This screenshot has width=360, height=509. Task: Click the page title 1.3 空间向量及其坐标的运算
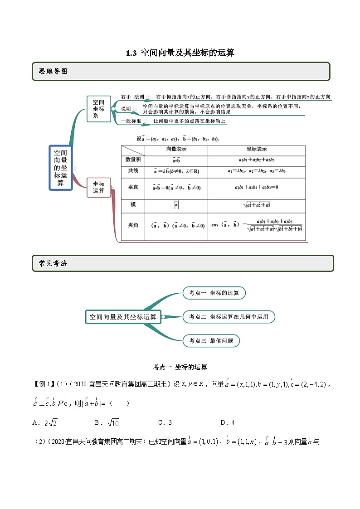pyautogui.click(x=180, y=53)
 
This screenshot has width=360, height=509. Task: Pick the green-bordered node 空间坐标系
pyautogui.click(x=99, y=109)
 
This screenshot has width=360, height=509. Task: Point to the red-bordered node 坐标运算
pyautogui.click(x=99, y=187)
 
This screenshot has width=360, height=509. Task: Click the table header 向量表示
pyautogui.click(x=176, y=149)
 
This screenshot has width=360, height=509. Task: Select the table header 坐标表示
pyautogui.click(x=257, y=149)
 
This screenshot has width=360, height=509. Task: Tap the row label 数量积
pyautogui.click(x=133, y=160)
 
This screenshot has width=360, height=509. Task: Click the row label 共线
pyautogui.click(x=133, y=171)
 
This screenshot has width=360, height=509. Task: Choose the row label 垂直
pyautogui.click(x=133, y=187)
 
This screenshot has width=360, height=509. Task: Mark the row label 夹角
pyautogui.click(x=133, y=224)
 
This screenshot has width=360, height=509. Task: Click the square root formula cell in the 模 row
pyautogui.click(x=257, y=205)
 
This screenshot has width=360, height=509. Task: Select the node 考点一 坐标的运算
pyautogui.click(x=214, y=293)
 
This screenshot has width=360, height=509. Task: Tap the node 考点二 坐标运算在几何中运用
pyautogui.click(x=229, y=317)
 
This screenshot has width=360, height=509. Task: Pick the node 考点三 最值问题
pyautogui.click(x=211, y=341)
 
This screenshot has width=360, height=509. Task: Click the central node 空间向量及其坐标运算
pyautogui.click(x=123, y=317)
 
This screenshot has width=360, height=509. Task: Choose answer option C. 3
pyautogui.click(x=165, y=422)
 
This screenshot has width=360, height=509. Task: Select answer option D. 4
pyautogui.click(x=227, y=422)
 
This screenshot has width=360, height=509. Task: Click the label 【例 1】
pyautogui.click(x=44, y=384)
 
